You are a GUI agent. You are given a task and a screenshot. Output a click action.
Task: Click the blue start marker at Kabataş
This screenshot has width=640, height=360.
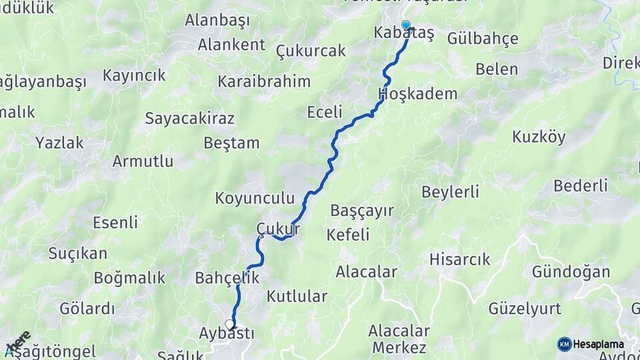[x=405, y=25]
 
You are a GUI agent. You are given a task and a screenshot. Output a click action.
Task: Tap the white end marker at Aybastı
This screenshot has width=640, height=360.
[x=230, y=325]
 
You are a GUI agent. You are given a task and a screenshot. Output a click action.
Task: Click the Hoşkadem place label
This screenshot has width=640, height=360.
[x=417, y=93]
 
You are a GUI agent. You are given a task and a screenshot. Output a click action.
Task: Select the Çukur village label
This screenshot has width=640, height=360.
[x=278, y=229]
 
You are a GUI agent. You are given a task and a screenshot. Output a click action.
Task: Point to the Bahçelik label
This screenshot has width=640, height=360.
[x=227, y=277]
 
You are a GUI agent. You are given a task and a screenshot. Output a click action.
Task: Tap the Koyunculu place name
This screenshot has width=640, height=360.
[x=255, y=198]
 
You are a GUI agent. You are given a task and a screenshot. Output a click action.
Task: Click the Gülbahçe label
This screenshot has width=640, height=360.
[x=483, y=38]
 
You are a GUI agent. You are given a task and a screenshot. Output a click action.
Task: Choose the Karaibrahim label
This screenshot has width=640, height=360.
[x=264, y=82]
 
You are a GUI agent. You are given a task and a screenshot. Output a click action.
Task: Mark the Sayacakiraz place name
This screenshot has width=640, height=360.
[x=190, y=119]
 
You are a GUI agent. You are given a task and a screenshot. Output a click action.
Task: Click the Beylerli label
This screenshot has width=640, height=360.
[x=450, y=192]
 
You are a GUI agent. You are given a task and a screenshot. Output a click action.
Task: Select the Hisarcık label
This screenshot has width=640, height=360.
[x=460, y=259]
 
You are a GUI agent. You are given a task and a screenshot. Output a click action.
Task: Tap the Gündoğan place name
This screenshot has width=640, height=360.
[x=571, y=272]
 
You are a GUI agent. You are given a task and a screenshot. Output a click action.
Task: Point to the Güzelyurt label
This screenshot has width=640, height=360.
[x=525, y=309]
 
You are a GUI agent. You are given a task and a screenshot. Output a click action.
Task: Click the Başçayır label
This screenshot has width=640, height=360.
[x=362, y=211]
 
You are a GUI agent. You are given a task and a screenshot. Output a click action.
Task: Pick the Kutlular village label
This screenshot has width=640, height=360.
[x=297, y=297]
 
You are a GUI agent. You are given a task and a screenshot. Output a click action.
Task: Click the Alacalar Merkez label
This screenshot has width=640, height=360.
[x=399, y=339]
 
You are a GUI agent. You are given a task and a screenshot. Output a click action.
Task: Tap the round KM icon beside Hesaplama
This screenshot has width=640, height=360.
[x=564, y=344]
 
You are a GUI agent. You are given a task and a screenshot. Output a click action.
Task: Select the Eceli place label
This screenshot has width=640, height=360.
[x=325, y=111]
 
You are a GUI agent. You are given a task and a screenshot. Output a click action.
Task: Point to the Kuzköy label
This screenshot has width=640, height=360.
[x=539, y=137]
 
